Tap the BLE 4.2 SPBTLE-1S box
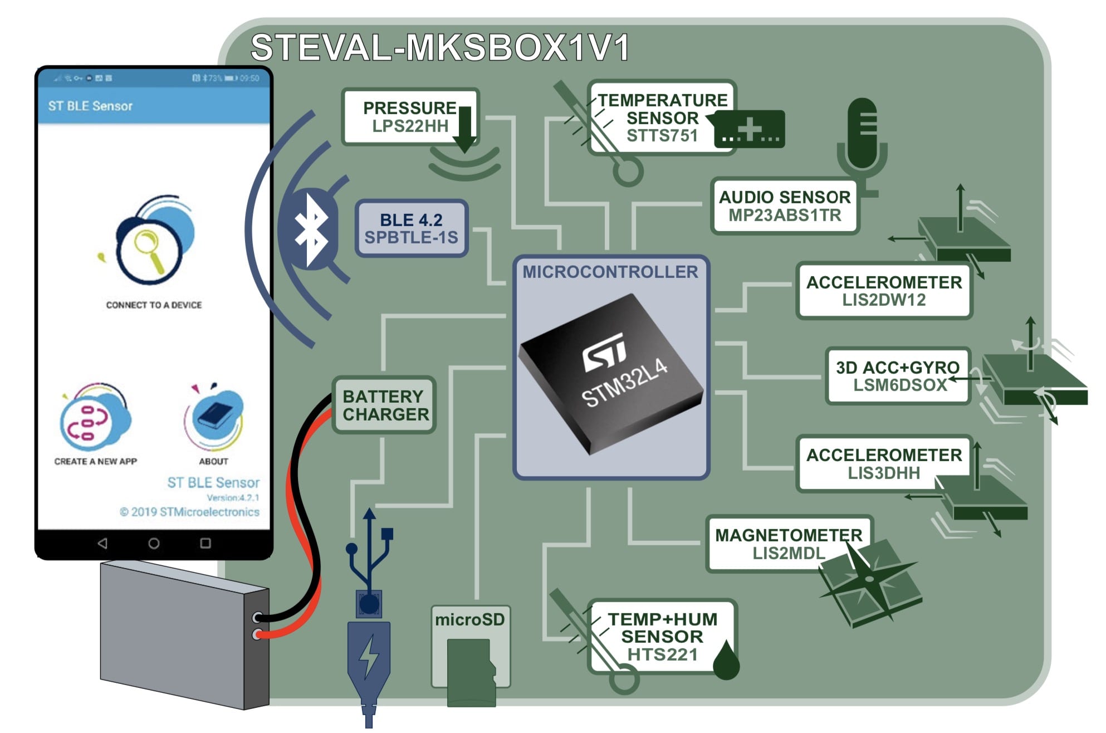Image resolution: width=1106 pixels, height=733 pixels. pos(412,228)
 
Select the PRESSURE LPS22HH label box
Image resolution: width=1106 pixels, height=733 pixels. pos(410,117)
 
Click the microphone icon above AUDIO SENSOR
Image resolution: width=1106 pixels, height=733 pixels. pos(862,136)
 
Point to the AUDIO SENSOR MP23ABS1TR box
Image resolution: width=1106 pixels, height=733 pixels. pos(785,206)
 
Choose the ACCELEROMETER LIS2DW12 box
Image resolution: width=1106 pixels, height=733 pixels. pos(884,291)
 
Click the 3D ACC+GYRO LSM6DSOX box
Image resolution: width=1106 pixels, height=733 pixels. pos(898,376)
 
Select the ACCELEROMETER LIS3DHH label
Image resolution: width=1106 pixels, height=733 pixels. pos(884,463)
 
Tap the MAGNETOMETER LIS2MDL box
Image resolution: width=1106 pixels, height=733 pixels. pos(789,544)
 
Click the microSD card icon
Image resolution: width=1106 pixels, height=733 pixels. pos(471,671)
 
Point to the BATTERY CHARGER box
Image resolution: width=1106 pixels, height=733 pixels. pos(385,405)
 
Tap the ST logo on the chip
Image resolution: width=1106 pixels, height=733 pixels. pos(604,352)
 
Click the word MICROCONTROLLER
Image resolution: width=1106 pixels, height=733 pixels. pos(610,272)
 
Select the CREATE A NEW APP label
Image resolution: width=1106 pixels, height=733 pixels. pos(95,461)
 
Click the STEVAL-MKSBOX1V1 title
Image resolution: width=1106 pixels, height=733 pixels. pos(440,47)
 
